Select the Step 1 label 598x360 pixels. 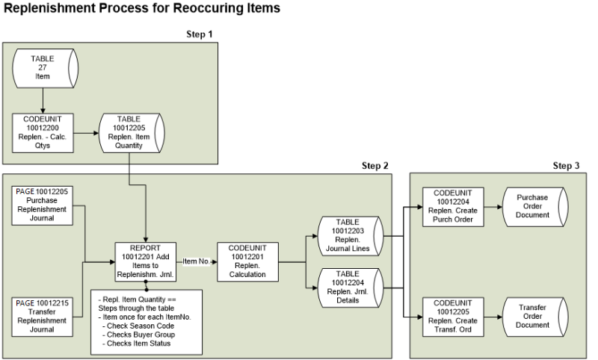[199, 34]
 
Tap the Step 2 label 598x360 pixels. [374, 165]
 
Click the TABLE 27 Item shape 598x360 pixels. [43, 69]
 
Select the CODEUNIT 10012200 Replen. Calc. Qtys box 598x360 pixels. [42, 132]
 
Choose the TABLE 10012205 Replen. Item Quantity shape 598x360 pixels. [129, 132]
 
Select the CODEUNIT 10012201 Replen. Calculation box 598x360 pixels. [246, 261]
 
